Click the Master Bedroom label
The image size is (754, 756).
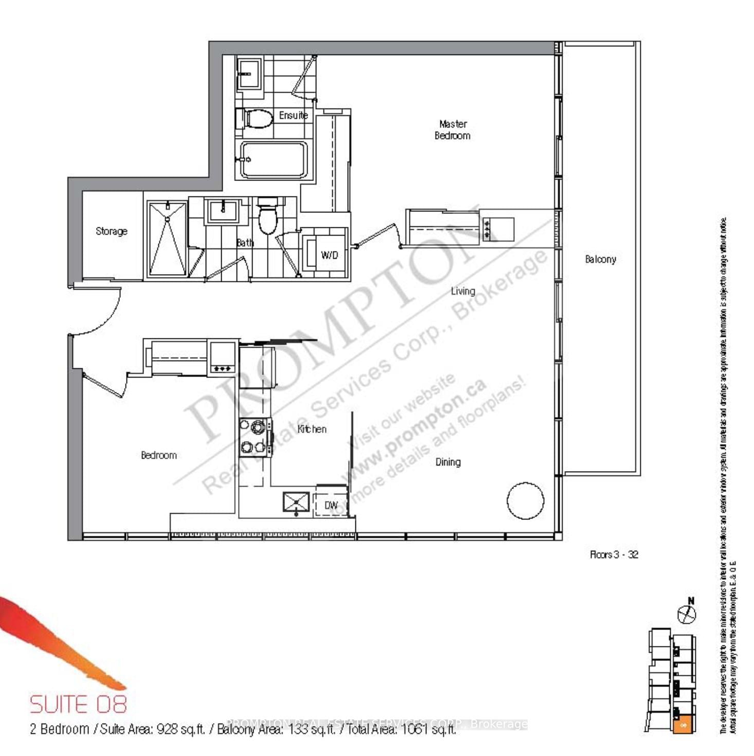click(x=453, y=130)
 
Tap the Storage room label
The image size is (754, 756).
click(x=112, y=231)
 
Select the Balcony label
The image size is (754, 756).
click(x=600, y=259)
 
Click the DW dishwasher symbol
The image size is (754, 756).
click(x=331, y=505)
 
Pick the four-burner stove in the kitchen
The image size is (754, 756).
click(x=255, y=437)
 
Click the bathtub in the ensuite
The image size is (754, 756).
click(x=274, y=159)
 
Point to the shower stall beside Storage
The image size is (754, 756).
click(x=167, y=239)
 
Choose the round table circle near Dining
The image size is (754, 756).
click(x=525, y=500)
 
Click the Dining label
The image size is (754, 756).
click(x=448, y=462)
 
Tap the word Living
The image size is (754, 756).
click(x=463, y=291)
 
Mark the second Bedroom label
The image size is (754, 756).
click(x=159, y=455)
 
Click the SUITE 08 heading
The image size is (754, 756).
click(x=78, y=704)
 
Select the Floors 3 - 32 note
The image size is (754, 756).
click(x=614, y=554)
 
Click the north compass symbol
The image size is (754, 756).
click(x=687, y=613)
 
